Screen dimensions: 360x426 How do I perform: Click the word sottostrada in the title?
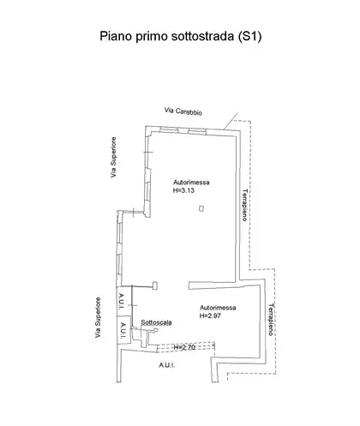click(202, 36)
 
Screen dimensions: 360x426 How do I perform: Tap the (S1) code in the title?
click(249, 37)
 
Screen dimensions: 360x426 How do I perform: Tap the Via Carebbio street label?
click(183, 111)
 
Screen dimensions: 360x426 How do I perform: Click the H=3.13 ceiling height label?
click(183, 190)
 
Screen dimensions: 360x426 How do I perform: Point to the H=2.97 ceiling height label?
click(210, 315)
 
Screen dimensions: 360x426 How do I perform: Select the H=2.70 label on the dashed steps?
click(184, 347)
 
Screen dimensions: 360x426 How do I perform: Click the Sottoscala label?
click(156, 322)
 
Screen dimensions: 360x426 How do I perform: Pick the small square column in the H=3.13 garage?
click(201, 208)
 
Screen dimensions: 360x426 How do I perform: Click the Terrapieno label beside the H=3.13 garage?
click(244, 205)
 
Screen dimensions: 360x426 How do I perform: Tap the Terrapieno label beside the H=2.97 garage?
click(271, 320)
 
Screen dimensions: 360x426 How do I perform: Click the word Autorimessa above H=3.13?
click(191, 183)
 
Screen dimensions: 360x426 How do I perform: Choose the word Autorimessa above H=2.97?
click(218, 308)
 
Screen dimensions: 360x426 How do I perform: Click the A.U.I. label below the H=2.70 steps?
click(167, 365)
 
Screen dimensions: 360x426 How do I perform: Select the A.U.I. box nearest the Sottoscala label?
click(124, 330)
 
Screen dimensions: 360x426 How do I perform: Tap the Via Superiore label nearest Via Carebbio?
click(114, 158)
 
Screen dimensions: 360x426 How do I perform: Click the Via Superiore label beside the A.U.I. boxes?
click(98, 317)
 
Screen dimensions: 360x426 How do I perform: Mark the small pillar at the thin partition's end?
click(155, 285)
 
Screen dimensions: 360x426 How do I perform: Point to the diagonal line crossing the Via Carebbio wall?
click(230, 121)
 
